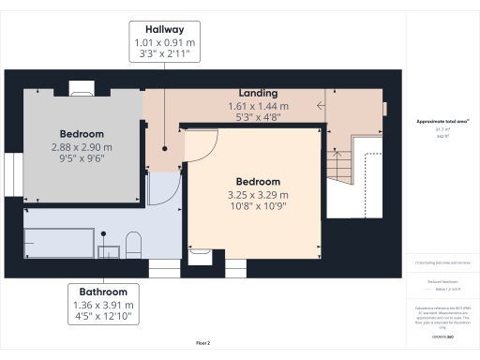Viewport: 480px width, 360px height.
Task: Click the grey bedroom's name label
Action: [82, 134]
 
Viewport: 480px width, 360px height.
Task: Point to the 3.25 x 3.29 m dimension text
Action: [258, 194]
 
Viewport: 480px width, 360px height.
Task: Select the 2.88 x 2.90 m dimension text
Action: [82, 147]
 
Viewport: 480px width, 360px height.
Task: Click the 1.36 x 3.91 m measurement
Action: [103, 306]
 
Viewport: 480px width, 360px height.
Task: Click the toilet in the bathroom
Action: [132, 244]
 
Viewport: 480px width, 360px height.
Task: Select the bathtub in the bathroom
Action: [61, 240]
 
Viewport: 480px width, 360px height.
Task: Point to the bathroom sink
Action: [110, 250]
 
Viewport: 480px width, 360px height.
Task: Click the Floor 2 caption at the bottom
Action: [202, 343]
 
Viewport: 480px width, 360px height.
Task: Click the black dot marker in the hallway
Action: [163, 147]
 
